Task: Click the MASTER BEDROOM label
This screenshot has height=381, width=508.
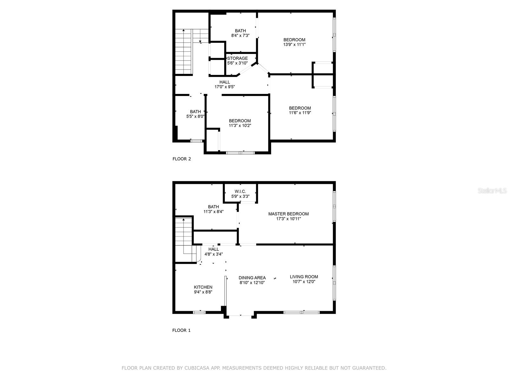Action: (x=288, y=214)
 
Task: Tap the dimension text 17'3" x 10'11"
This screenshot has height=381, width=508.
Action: (x=288, y=219)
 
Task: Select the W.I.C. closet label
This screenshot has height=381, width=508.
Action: (x=240, y=191)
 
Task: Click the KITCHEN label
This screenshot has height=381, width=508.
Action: (x=203, y=287)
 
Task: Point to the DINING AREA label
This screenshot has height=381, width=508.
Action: (x=252, y=278)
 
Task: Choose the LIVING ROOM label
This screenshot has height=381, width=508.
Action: (x=304, y=277)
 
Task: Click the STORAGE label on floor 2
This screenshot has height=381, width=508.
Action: (x=238, y=58)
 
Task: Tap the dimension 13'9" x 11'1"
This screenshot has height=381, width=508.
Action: (x=294, y=45)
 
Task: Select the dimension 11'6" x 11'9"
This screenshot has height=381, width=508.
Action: (x=300, y=113)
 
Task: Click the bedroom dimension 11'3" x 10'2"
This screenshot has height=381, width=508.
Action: (x=240, y=125)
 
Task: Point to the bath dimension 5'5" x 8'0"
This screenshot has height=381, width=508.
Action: (x=195, y=117)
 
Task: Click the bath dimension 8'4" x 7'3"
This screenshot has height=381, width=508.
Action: (x=240, y=36)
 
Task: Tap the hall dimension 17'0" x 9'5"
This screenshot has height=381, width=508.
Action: (x=224, y=87)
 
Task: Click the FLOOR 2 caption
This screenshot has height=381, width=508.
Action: (x=182, y=159)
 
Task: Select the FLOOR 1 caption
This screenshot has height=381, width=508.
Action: (x=181, y=331)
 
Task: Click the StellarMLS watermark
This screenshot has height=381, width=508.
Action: (x=492, y=191)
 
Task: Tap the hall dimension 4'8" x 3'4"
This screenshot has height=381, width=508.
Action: (x=213, y=254)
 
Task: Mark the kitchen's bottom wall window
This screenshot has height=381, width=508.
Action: (x=199, y=312)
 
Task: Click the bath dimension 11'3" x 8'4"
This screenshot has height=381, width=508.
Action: (x=213, y=211)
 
